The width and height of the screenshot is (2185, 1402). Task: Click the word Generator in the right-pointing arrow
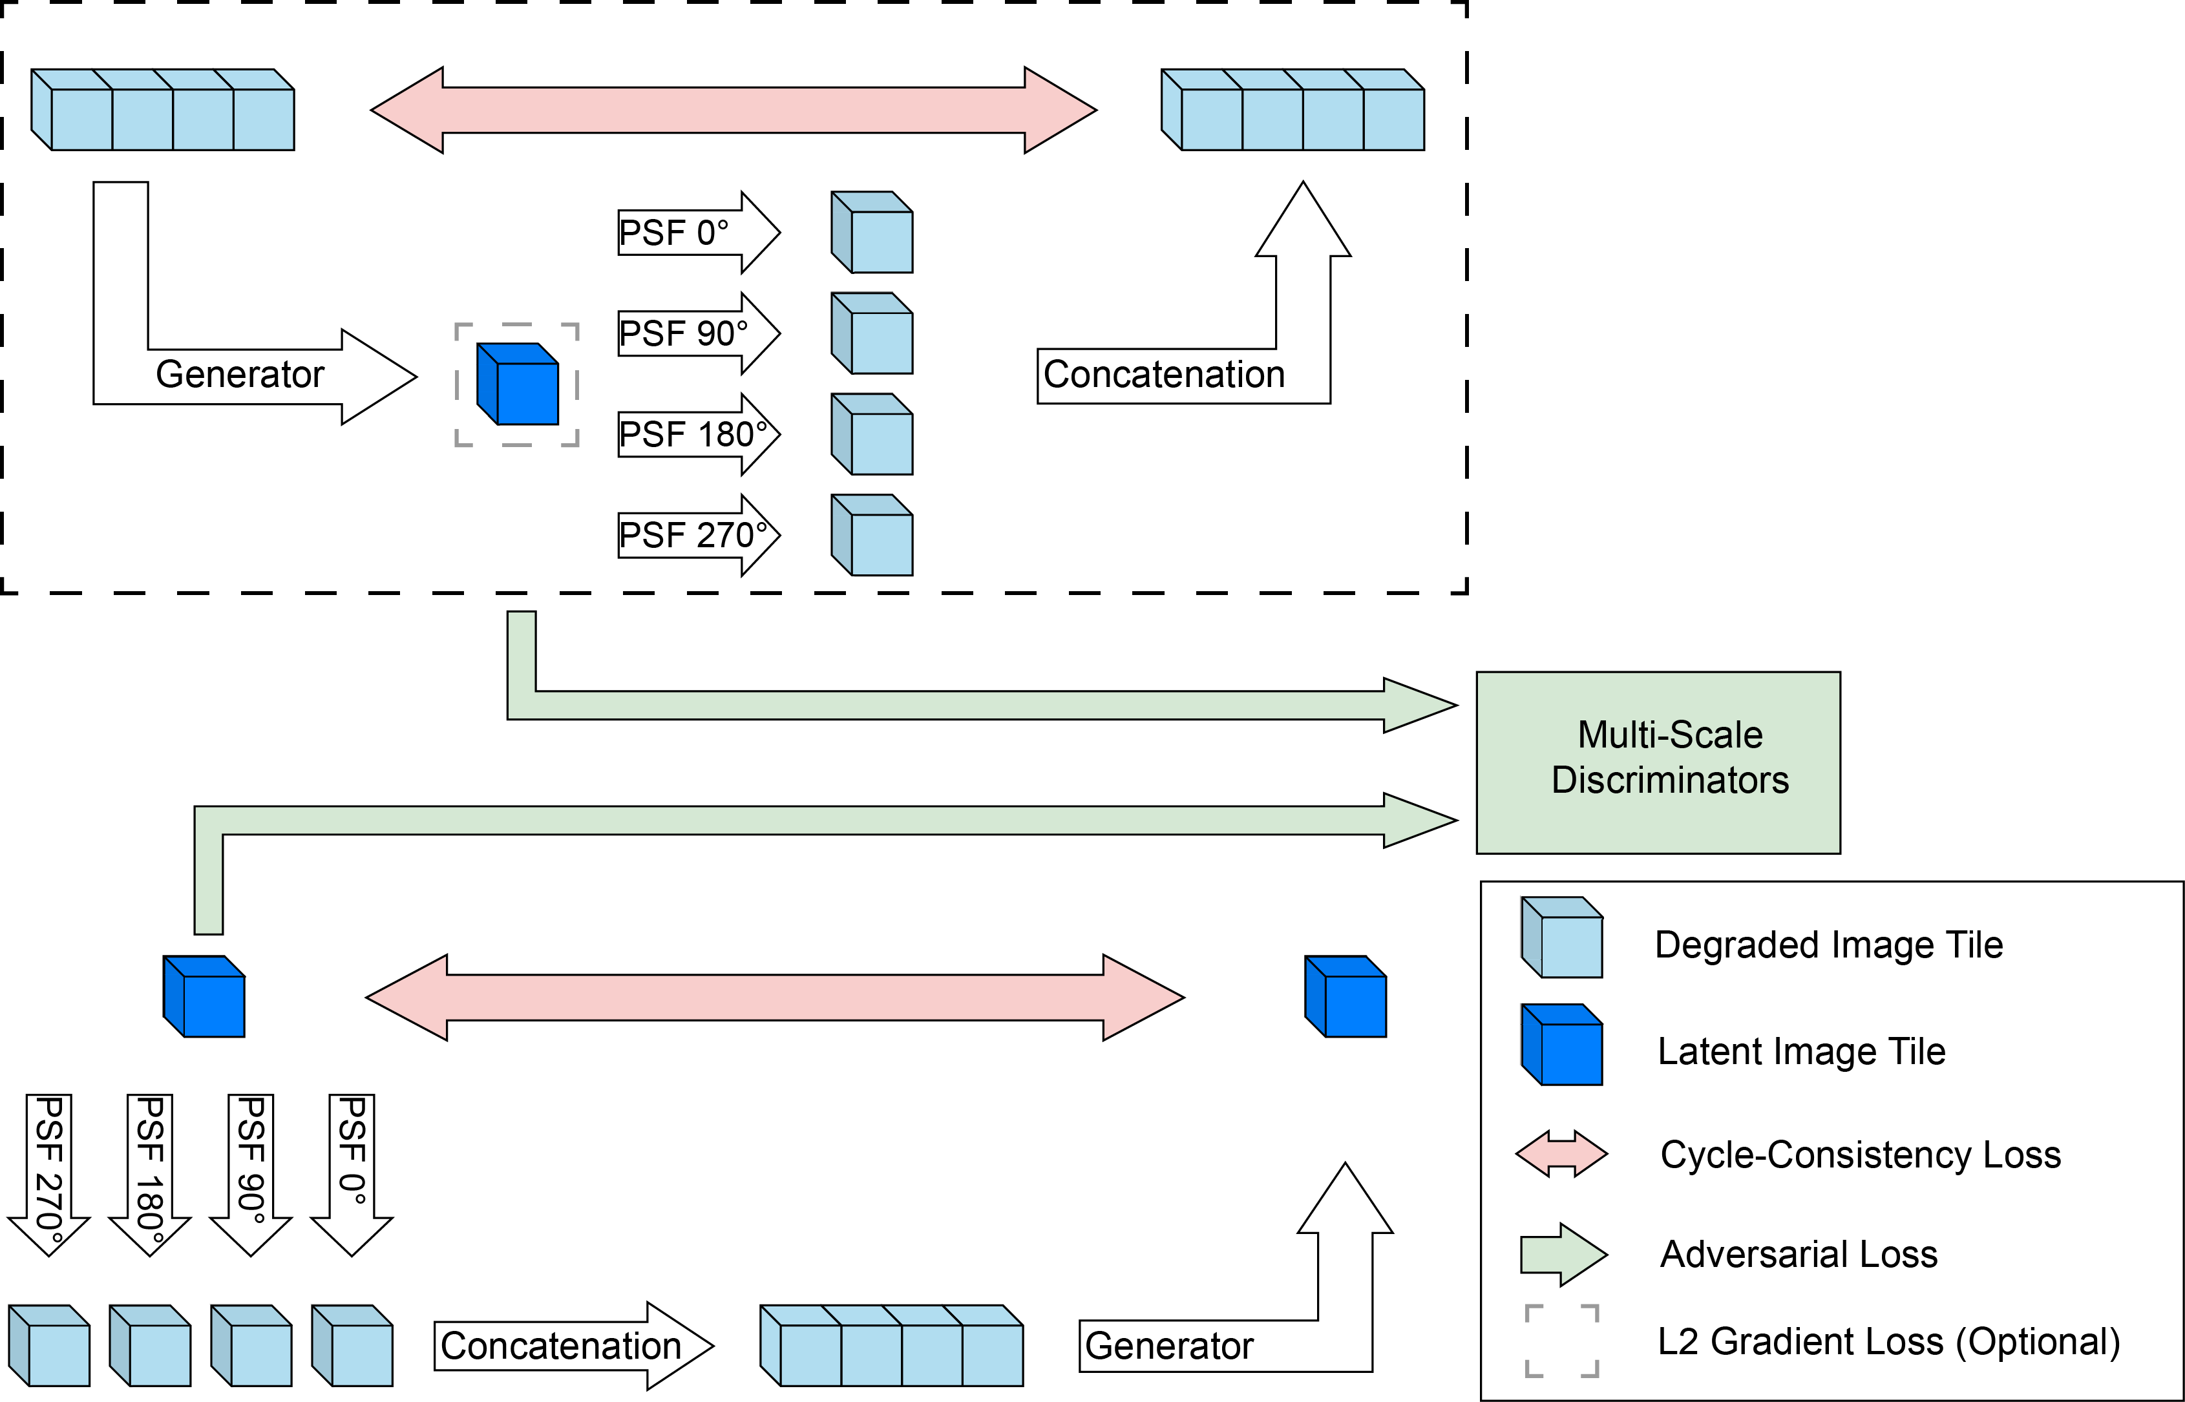240,374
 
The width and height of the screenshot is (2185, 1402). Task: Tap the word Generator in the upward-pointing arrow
1169,1346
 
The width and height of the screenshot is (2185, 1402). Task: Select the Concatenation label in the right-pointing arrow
561,1346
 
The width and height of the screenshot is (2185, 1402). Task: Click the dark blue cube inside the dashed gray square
518,384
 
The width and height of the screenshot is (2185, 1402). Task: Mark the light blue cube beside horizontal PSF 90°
872,333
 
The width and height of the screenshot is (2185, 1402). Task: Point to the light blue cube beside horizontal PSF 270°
872,536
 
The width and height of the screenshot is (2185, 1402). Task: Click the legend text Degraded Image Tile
1828,945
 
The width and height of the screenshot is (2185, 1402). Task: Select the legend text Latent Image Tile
1801,1052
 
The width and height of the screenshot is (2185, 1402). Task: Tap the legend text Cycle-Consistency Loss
1860,1155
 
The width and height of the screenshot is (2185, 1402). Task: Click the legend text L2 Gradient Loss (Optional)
1888,1342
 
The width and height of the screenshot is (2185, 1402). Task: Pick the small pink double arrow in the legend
1561,1155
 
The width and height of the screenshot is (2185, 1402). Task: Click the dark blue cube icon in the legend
1562,1045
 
